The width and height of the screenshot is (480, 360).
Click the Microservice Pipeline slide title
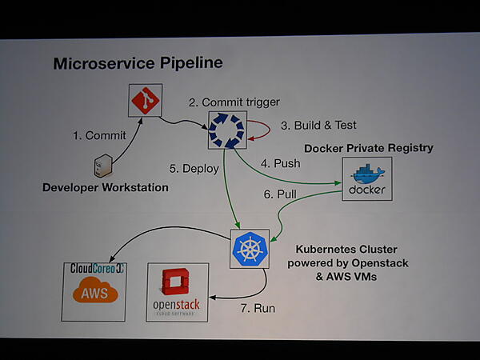coord(138,63)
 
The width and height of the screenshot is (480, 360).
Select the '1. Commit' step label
coord(99,136)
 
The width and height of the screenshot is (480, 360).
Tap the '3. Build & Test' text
coord(318,126)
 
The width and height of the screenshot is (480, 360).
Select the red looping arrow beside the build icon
coord(258,131)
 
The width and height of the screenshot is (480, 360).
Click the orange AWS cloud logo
coord(94,293)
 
